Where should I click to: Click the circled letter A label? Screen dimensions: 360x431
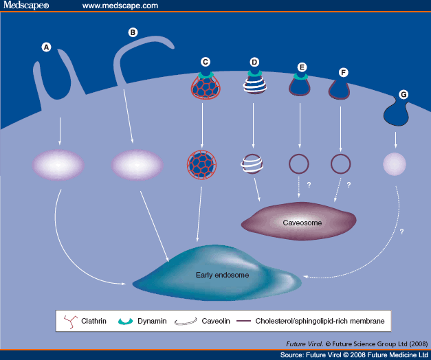click(x=47, y=47)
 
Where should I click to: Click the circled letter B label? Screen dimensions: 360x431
click(x=133, y=32)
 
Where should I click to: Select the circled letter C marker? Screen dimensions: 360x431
click(x=205, y=61)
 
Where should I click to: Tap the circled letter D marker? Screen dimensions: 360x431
click(x=254, y=63)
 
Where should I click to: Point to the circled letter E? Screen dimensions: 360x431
click(x=301, y=67)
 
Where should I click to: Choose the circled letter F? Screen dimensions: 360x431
click(x=344, y=71)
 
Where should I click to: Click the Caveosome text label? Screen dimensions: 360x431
click(x=302, y=223)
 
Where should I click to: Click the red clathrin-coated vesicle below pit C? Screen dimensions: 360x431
click(x=201, y=165)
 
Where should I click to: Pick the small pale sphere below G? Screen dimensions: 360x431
click(x=395, y=165)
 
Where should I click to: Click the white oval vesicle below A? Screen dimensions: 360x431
click(x=58, y=165)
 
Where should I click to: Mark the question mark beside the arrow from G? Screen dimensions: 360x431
click(x=401, y=232)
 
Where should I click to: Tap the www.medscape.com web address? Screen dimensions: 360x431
click(x=120, y=6)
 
